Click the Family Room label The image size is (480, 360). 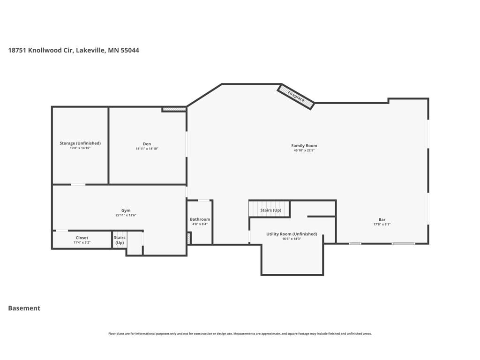[x=304, y=146]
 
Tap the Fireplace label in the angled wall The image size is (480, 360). [x=296, y=97]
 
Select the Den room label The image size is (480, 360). [x=147, y=144]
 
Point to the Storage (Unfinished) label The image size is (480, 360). [x=80, y=143]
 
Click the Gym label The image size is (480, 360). [x=126, y=210]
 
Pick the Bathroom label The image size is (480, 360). [x=200, y=219]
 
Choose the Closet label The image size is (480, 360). [x=82, y=238]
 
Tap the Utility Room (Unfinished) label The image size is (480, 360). [x=292, y=234]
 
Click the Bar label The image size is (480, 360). [x=382, y=219]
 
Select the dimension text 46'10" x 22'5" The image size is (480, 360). [x=304, y=150]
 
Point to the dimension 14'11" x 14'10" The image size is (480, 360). [x=147, y=149]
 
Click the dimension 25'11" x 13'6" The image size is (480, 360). [x=126, y=215]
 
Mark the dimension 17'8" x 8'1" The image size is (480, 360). [x=382, y=224]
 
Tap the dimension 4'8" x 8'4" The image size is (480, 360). [x=200, y=224]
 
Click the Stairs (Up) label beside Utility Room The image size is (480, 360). [x=270, y=210]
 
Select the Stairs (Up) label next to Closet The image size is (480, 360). [x=120, y=240]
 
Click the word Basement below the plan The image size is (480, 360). [x=24, y=308]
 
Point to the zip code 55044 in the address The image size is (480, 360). [x=130, y=50]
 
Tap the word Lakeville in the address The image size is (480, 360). [x=90, y=50]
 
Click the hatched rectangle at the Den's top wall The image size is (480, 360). [x=174, y=109]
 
